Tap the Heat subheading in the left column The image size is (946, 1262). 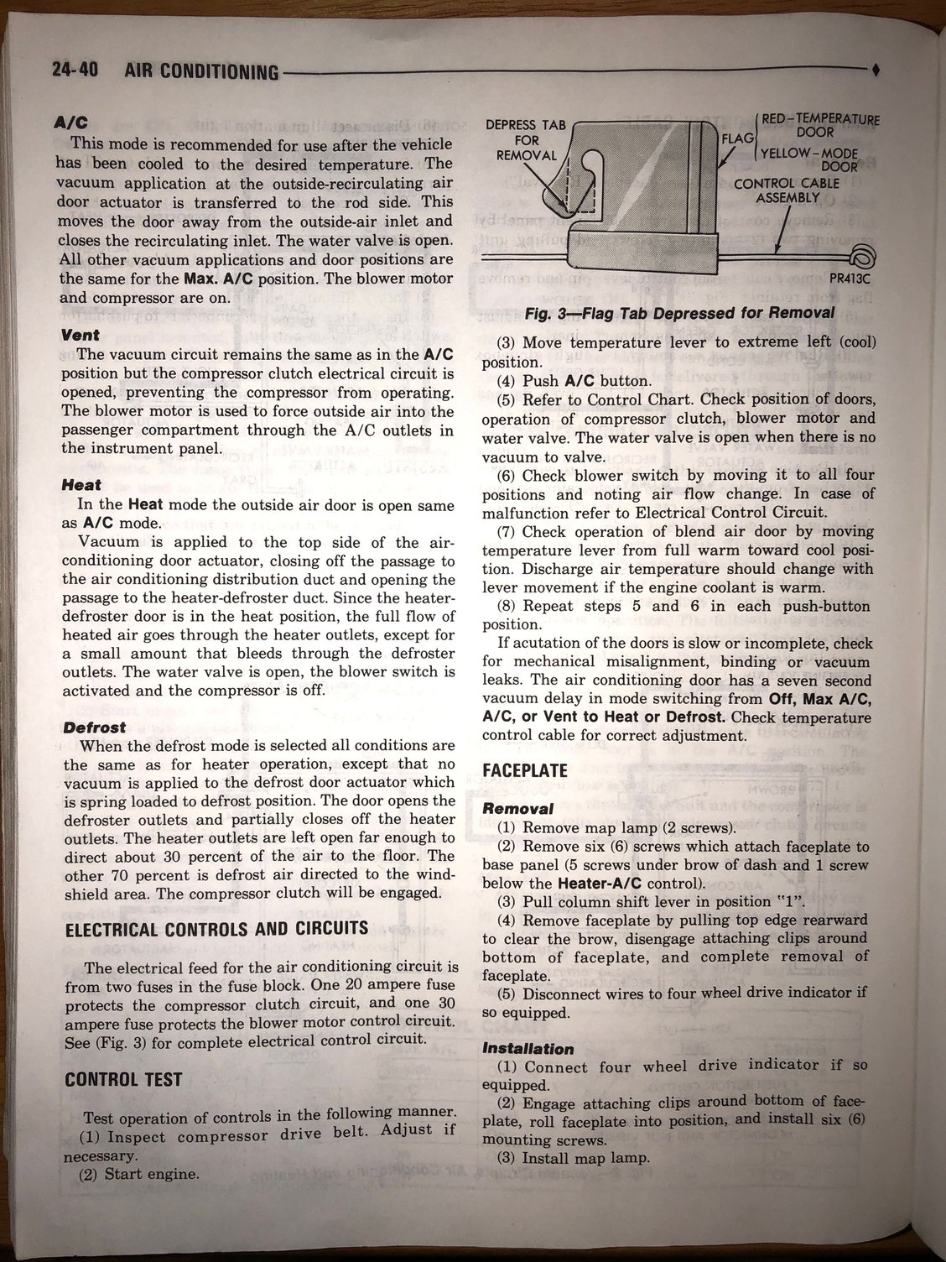81,484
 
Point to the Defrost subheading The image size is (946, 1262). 94,727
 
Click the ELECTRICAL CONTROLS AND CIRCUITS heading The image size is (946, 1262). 216,928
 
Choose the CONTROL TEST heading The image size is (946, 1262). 122,1079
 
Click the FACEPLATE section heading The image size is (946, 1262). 526,770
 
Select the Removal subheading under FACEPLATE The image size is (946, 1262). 517,808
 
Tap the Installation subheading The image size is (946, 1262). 528,1048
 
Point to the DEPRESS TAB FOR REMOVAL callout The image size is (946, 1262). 526,140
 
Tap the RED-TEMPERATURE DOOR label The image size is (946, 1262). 820,125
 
